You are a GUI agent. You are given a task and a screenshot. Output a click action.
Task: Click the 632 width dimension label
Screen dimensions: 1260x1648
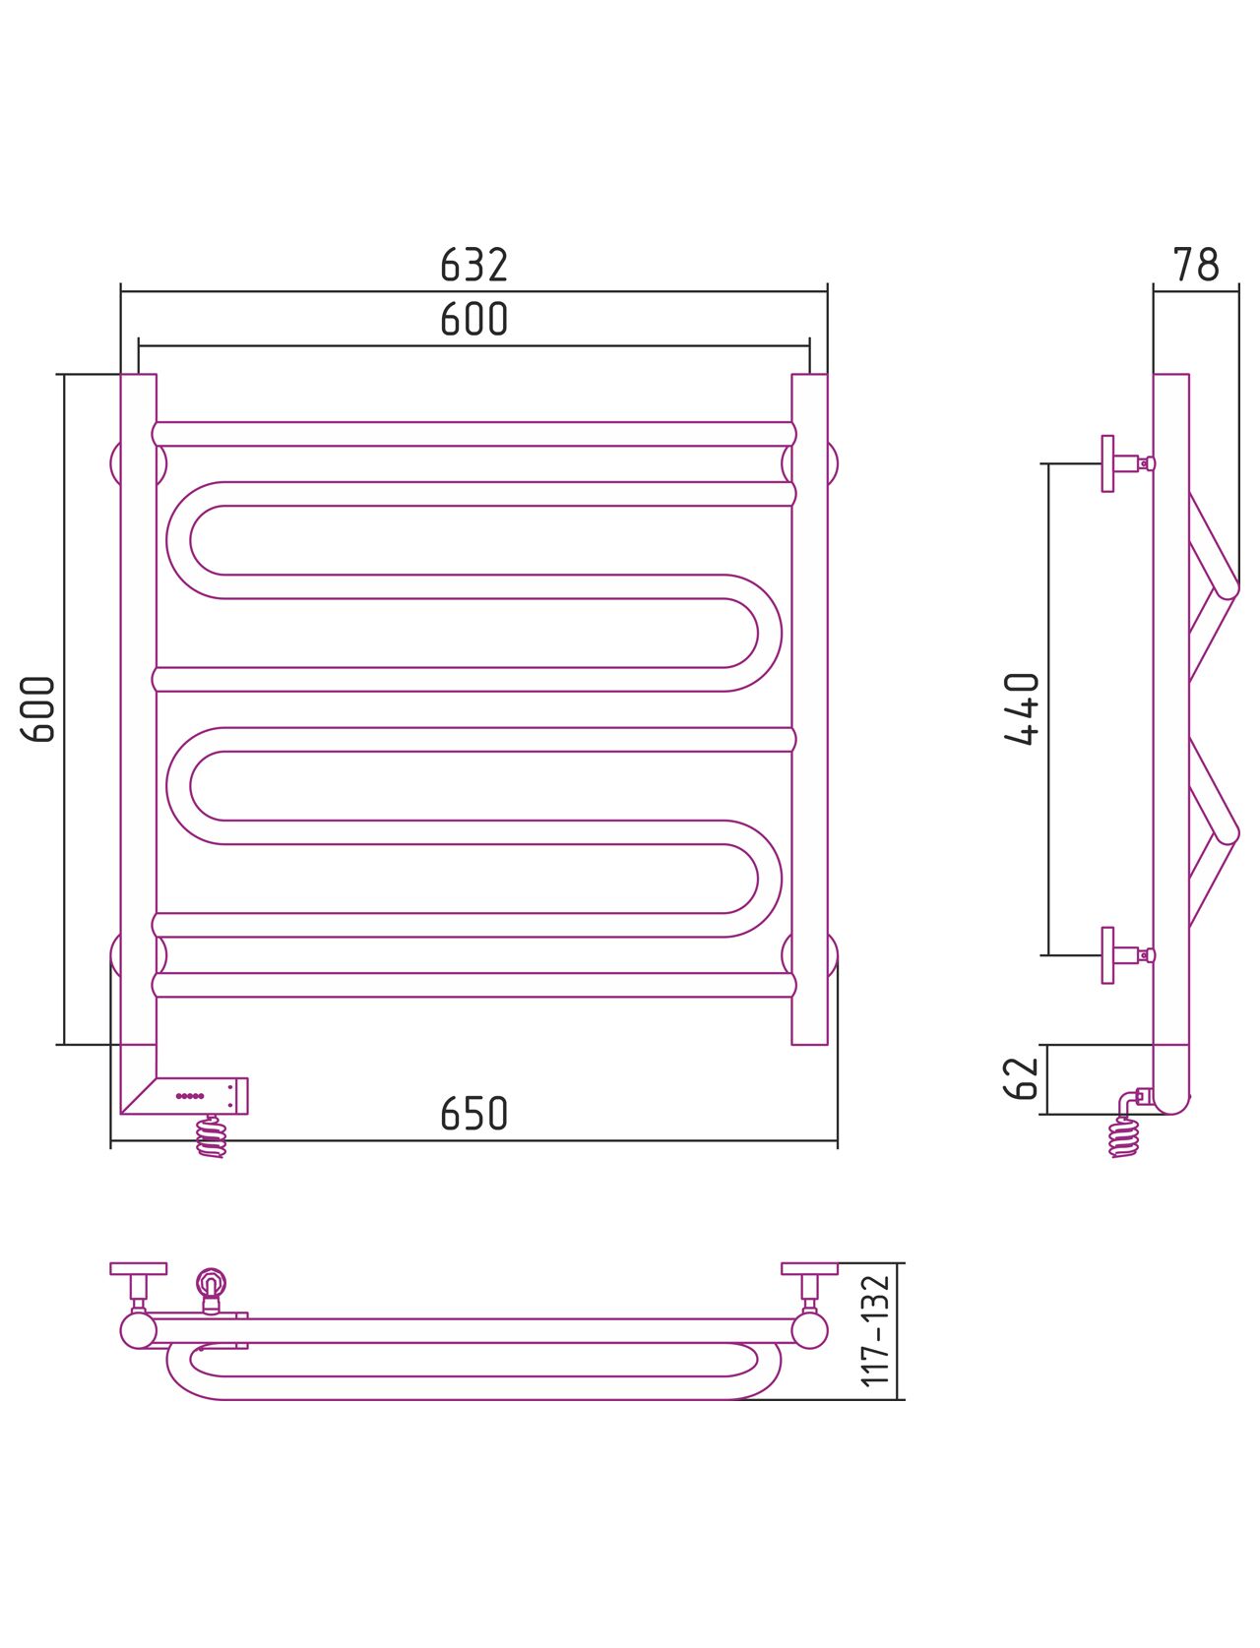click(x=473, y=265)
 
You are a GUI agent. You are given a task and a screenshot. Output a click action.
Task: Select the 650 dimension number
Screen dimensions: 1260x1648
click(x=473, y=1114)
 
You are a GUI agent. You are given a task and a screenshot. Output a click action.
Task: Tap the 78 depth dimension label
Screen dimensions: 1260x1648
click(x=1195, y=265)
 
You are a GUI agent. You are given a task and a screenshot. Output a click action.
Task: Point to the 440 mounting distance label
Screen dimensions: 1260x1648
click(x=1021, y=708)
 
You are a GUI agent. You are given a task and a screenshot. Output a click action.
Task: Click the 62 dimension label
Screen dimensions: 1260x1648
click(x=1021, y=1078)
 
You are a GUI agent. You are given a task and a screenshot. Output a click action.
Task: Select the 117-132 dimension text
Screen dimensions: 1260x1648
click(x=875, y=1330)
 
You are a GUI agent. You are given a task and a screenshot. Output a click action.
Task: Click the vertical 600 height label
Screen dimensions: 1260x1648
click(x=37, y=709)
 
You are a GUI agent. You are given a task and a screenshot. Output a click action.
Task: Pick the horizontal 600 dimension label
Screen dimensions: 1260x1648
click(x=473, y=319)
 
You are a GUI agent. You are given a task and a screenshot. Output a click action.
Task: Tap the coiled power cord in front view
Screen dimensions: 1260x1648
click(x=211, y=1136)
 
